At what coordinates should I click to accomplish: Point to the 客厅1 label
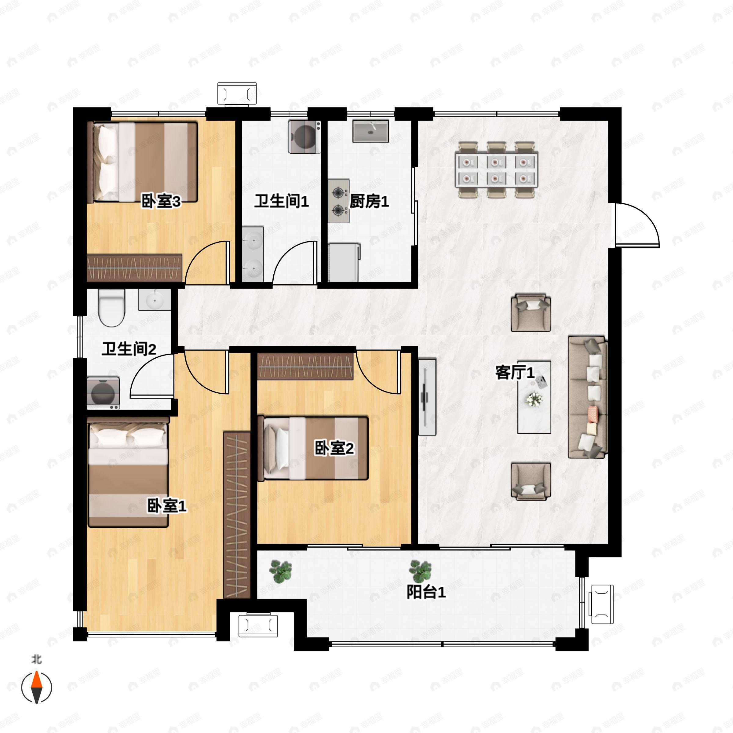pyautogui.click(x=515, y=373)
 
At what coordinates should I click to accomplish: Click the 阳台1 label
pyautogui.click(x=426, y=592)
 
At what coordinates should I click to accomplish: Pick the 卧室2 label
pyautogui.click(x=334, y=448)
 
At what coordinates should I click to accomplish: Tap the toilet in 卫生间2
pyautogui.click(x=111, y=308)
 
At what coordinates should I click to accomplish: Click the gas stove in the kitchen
pyautogui.click(x=338, y=201)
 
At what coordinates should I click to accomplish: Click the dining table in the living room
pyautogui.click(x=497, y=170)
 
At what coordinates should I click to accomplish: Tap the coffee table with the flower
pyautogui.click(x=534, y=397)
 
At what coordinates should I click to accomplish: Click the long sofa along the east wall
pyautogui.click(x=588, y=397)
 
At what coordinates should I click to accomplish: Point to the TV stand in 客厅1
pyautogui.click(x=427, y=397)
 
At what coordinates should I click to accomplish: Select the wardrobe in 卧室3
pyautogui.click(x=134, y=268)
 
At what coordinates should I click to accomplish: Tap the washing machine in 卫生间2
pyautogui.click(x=103, y=393)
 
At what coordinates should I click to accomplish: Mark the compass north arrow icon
pyautogui.click(x=36, y=687)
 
